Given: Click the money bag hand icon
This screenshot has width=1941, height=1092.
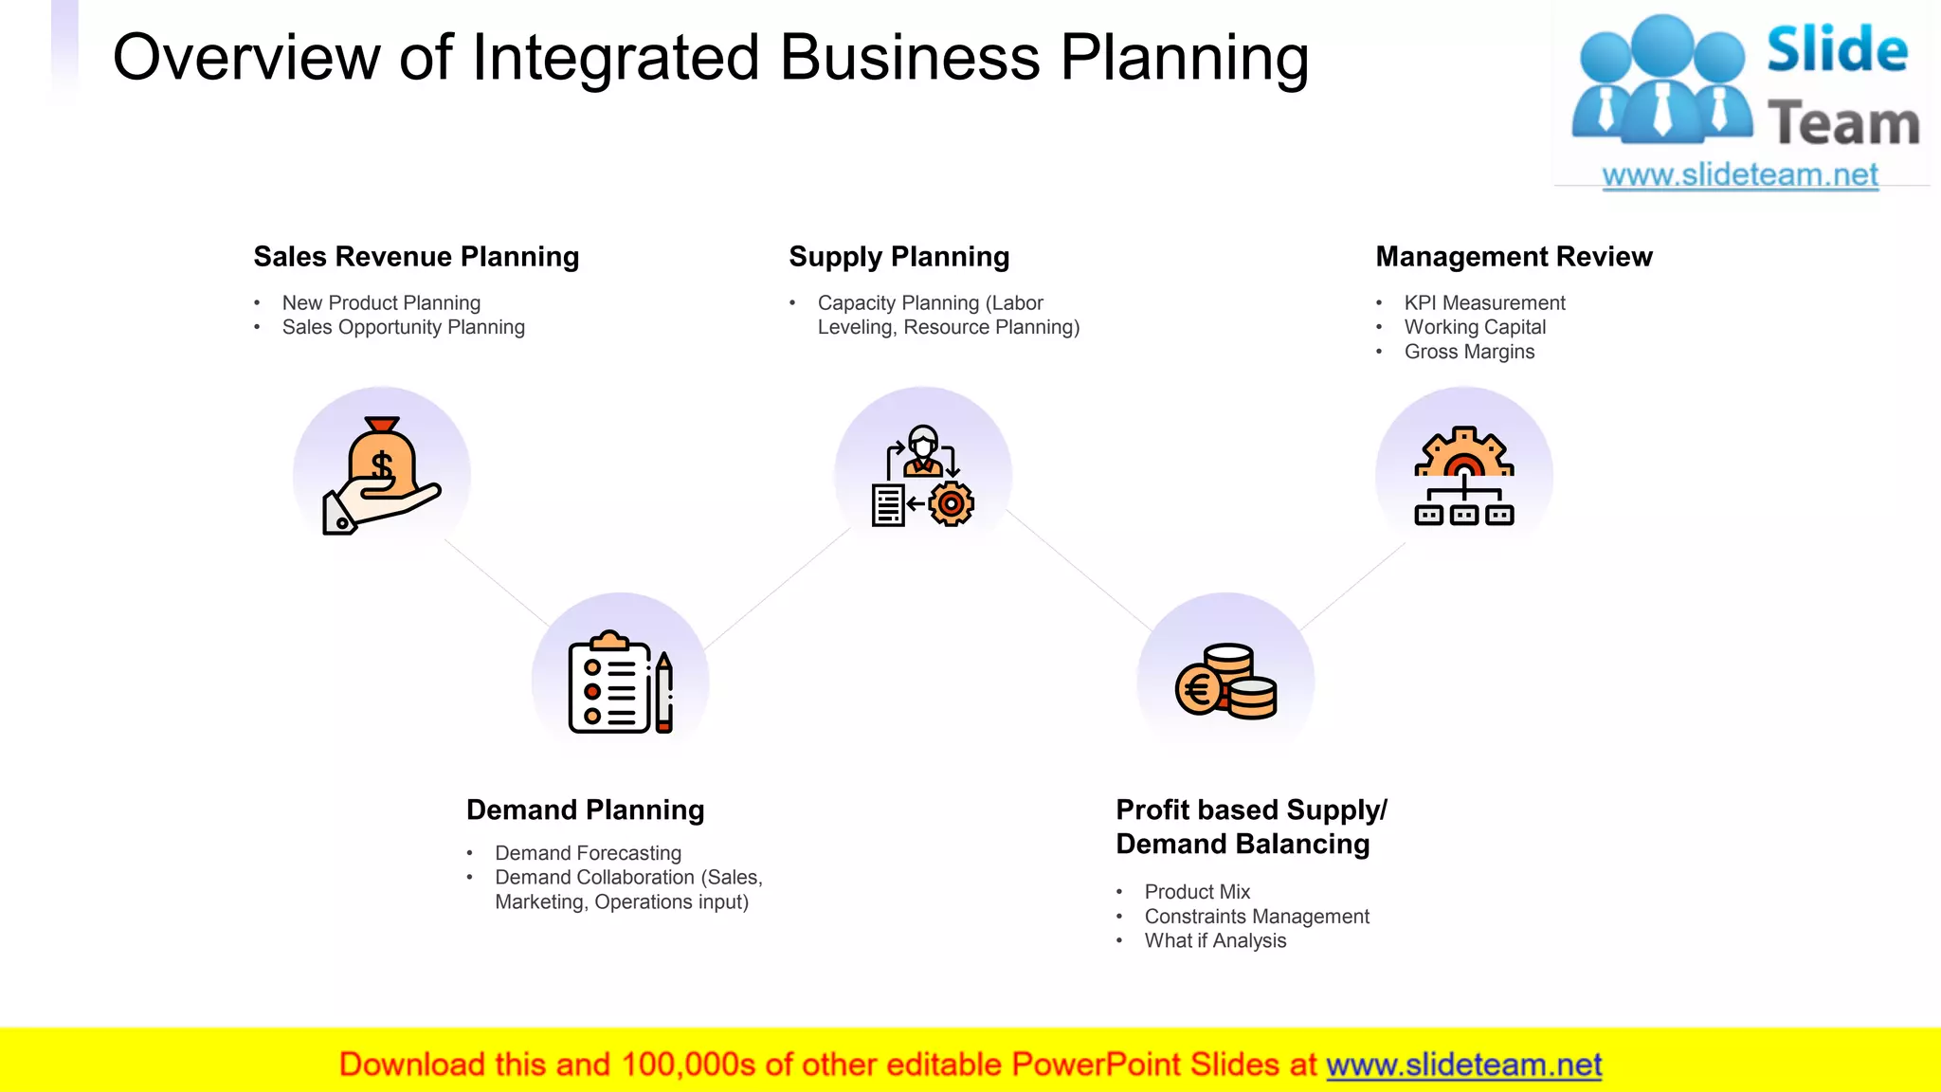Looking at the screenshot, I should [x=382, y=476].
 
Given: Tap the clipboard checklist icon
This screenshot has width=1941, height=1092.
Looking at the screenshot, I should [x=620, y=682].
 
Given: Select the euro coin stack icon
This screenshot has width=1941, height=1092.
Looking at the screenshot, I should [x=1225, y=682].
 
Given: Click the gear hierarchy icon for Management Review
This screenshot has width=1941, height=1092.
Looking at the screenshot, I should [x=1463, y=476].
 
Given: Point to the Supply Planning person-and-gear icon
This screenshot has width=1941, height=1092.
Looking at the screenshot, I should [x=923, y=476].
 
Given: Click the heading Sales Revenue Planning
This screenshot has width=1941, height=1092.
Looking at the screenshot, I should [x=416, y=257].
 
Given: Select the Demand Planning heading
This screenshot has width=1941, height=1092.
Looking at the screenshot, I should [x=585, y=810].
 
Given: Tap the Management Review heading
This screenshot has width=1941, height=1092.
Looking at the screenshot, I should [x=1514, y=257].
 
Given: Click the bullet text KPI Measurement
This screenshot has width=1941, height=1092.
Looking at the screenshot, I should [x=1484, y=303].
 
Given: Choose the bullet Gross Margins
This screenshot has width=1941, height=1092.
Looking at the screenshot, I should [x=1469, y=352].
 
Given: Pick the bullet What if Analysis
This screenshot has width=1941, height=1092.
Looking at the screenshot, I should [x=1215, y=941].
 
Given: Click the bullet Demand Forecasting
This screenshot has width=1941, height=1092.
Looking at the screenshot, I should [x=588, y=853].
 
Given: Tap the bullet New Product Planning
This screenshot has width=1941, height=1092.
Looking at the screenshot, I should [x=381, y=303].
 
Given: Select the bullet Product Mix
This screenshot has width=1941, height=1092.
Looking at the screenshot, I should [x=1197, y=892].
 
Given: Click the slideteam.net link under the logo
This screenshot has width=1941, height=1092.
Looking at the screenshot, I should [x=1740, y=175].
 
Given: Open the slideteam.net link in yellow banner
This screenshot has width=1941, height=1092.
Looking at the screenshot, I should [x=1463, y=1065].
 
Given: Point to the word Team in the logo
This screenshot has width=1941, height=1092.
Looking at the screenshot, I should [x=1842, y=124].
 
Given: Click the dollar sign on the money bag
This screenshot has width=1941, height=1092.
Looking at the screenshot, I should [x=382, y=466].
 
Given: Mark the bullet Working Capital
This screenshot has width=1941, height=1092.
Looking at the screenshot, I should [x=1475, y=327].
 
